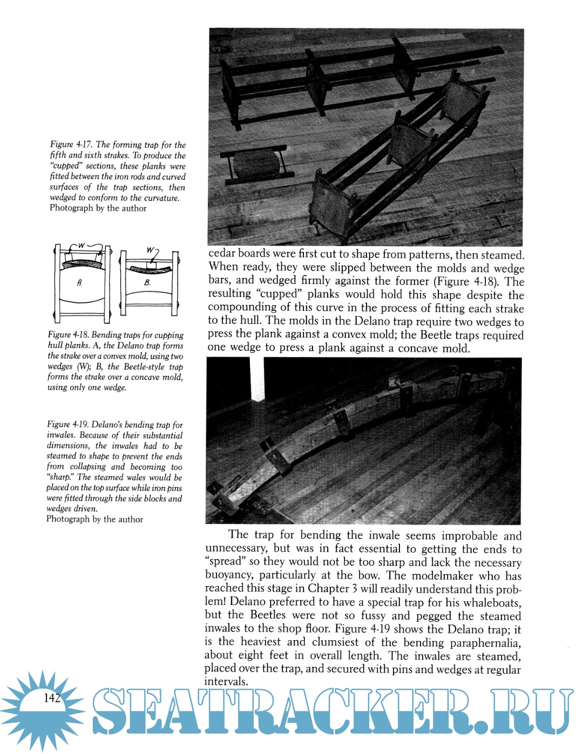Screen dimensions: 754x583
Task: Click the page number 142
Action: [x=52, y=698]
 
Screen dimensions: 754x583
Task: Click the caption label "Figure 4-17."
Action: [x=72, y=145]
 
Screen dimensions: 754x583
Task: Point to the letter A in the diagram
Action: [x=80, y=283]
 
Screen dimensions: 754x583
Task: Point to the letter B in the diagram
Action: [x=147, y=282]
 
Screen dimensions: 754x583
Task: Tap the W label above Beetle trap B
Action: [x=151, y=250]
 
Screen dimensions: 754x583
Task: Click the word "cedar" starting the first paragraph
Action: [x=222, y=254]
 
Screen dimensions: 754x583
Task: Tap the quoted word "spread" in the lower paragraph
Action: [x=226, y=562]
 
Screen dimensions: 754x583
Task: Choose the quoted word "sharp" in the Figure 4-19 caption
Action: [x=60, y=477]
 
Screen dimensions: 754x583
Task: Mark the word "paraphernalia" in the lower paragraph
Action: [x=485, y=643]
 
